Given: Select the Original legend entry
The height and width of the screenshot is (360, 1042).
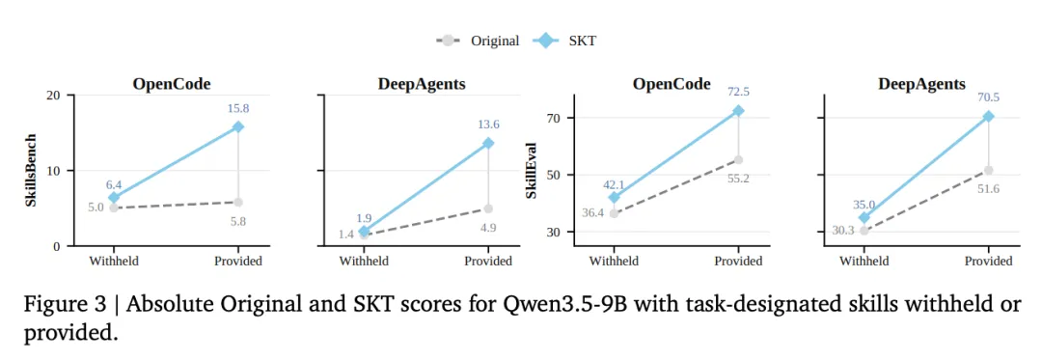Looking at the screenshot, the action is (478, 41).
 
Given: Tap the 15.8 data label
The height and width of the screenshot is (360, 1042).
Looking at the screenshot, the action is (238, 108).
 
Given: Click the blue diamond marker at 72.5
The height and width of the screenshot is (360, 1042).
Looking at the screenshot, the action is (738, 111).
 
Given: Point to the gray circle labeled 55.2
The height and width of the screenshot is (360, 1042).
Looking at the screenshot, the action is (738, 159).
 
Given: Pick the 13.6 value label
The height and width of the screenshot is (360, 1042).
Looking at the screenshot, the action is (488, 125).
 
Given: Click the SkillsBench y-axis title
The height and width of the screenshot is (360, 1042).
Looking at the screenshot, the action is (31, 171).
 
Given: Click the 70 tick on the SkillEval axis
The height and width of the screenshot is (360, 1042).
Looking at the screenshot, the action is (554, 118).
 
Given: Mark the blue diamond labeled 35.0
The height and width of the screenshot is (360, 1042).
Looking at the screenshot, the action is (864, 217).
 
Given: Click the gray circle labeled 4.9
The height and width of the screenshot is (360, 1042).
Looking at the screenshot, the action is (488, 208).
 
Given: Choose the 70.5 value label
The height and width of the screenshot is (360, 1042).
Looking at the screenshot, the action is (988, 97).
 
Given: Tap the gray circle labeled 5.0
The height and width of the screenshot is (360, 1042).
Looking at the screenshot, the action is (114, 208).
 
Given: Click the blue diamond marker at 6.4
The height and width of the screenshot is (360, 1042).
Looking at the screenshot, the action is (114, 197).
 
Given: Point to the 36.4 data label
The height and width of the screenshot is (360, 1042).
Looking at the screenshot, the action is (594, 213).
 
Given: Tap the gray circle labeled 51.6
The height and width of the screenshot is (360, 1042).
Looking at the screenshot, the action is (989, 170).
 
